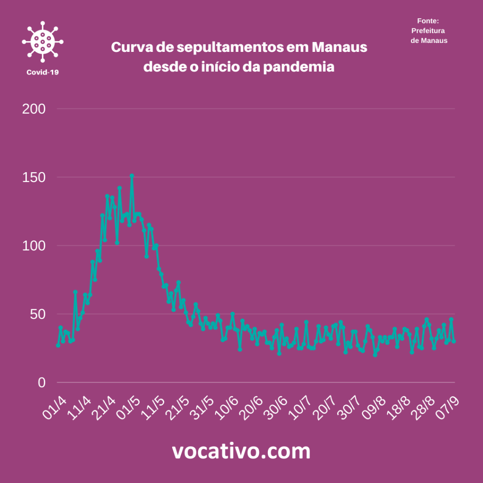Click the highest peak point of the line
132,175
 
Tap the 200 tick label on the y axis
34,109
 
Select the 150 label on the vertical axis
34,177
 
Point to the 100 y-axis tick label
34,246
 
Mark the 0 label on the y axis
42,383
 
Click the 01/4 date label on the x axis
53,407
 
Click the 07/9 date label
449,407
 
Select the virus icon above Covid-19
42,42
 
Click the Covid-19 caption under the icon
42,72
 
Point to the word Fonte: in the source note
428,21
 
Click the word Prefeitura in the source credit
428,31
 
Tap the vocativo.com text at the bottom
241,451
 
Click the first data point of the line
58,345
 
